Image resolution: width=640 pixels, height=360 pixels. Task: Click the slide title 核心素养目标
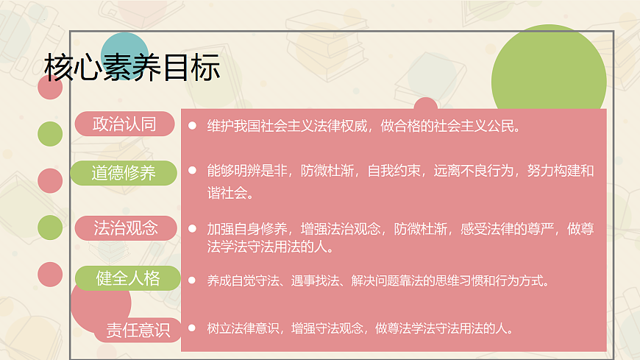[132, 68]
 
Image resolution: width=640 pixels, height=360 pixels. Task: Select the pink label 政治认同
[124, 124]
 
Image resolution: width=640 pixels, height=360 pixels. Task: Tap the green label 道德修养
[124, 173]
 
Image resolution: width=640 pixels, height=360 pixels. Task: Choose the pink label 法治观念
[126, 227]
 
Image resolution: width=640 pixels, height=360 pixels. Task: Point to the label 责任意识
[138, 329]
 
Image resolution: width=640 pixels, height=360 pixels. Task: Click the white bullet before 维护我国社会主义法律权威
[192, 126]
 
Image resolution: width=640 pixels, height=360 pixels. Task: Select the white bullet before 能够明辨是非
[192, 171]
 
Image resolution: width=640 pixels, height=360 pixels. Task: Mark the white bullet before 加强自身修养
[192, 229]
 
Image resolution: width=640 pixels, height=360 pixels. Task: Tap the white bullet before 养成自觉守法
[192, 280]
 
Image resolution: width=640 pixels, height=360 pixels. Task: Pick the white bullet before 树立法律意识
[192, 328]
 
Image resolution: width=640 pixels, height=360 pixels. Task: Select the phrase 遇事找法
[309, 280]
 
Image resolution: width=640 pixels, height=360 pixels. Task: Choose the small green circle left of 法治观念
[50, 227]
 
